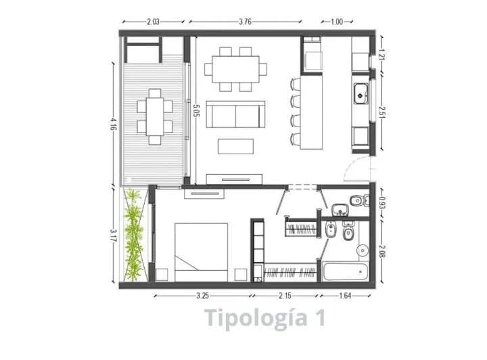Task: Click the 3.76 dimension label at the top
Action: (x=245, y=22)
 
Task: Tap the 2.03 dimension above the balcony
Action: (x=153, y=22)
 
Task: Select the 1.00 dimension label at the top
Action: (x=337, y=22)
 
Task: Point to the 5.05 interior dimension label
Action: (x=196, y=110)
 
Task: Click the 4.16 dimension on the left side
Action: (x=114, y=124)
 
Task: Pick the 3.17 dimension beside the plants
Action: (x=114, y=235)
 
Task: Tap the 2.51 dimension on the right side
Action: (x=382, y=113)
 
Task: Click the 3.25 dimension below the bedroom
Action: (x=202, y=296)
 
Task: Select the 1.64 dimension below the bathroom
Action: (x=345, y=296)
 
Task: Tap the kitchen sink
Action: (x=361, y=93)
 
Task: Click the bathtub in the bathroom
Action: (x=346, y=271)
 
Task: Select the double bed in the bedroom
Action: (x=202, y=252)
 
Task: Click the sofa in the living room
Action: (x=235, y=114)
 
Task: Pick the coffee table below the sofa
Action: (x=235, y=146)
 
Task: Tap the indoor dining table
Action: (x=236, y=69)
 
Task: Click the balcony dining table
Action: (x=155, y=117)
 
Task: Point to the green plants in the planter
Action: (x=134, y=235)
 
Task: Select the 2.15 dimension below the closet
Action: (x=285, y=296)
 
